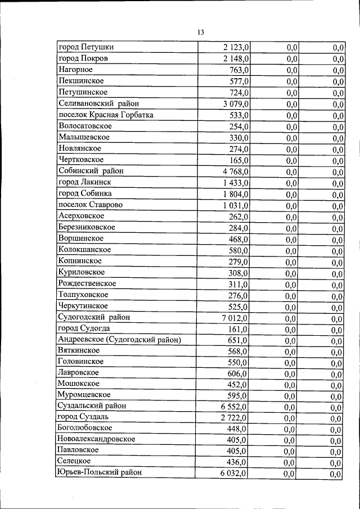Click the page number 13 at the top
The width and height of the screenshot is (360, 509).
click(200, 31)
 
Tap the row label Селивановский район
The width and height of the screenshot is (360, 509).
click(98, 103)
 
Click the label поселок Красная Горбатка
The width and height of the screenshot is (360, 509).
click(106, 115)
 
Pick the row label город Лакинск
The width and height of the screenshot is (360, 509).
click(84, 182)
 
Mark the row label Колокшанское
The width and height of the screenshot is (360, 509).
click(84, 250)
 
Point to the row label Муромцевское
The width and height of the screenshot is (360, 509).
click(84, 394)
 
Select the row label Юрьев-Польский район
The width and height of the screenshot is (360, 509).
click(99, 472)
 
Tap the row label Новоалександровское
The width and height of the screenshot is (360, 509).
click(96, 439)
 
